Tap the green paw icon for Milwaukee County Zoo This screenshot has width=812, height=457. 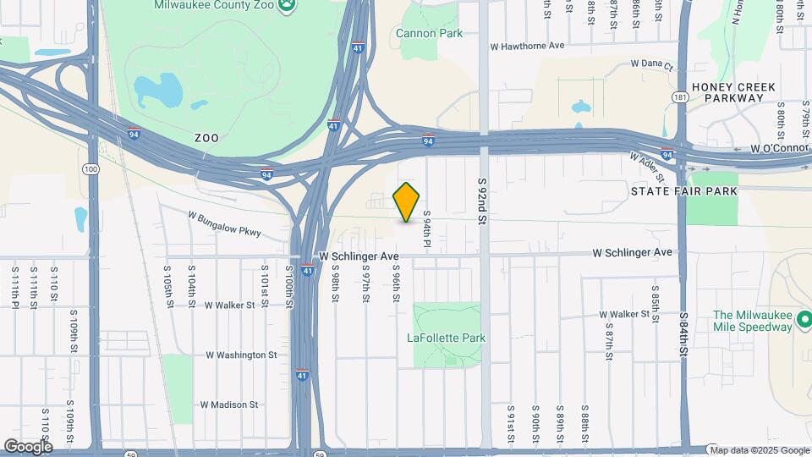click(288, 5)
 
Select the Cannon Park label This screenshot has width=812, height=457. click(429, 34)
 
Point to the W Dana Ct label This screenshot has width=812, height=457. click(651, 65)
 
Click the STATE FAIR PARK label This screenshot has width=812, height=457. click(684, 192)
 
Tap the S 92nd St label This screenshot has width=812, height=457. click(483, 201)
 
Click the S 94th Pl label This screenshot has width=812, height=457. click(428, 230)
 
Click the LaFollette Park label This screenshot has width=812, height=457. click(447, 338)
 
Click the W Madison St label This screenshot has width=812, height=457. click(229, 405)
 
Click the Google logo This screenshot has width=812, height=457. click(27, 446)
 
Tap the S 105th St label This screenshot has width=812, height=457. click(168, 285)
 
